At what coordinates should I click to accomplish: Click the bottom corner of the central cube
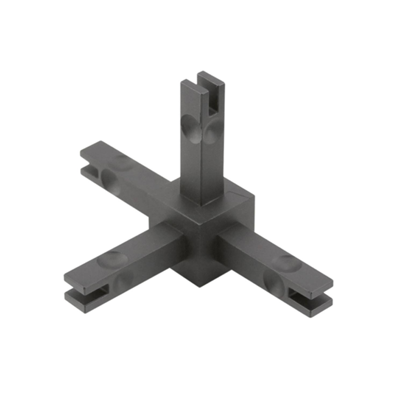point(199,286)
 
